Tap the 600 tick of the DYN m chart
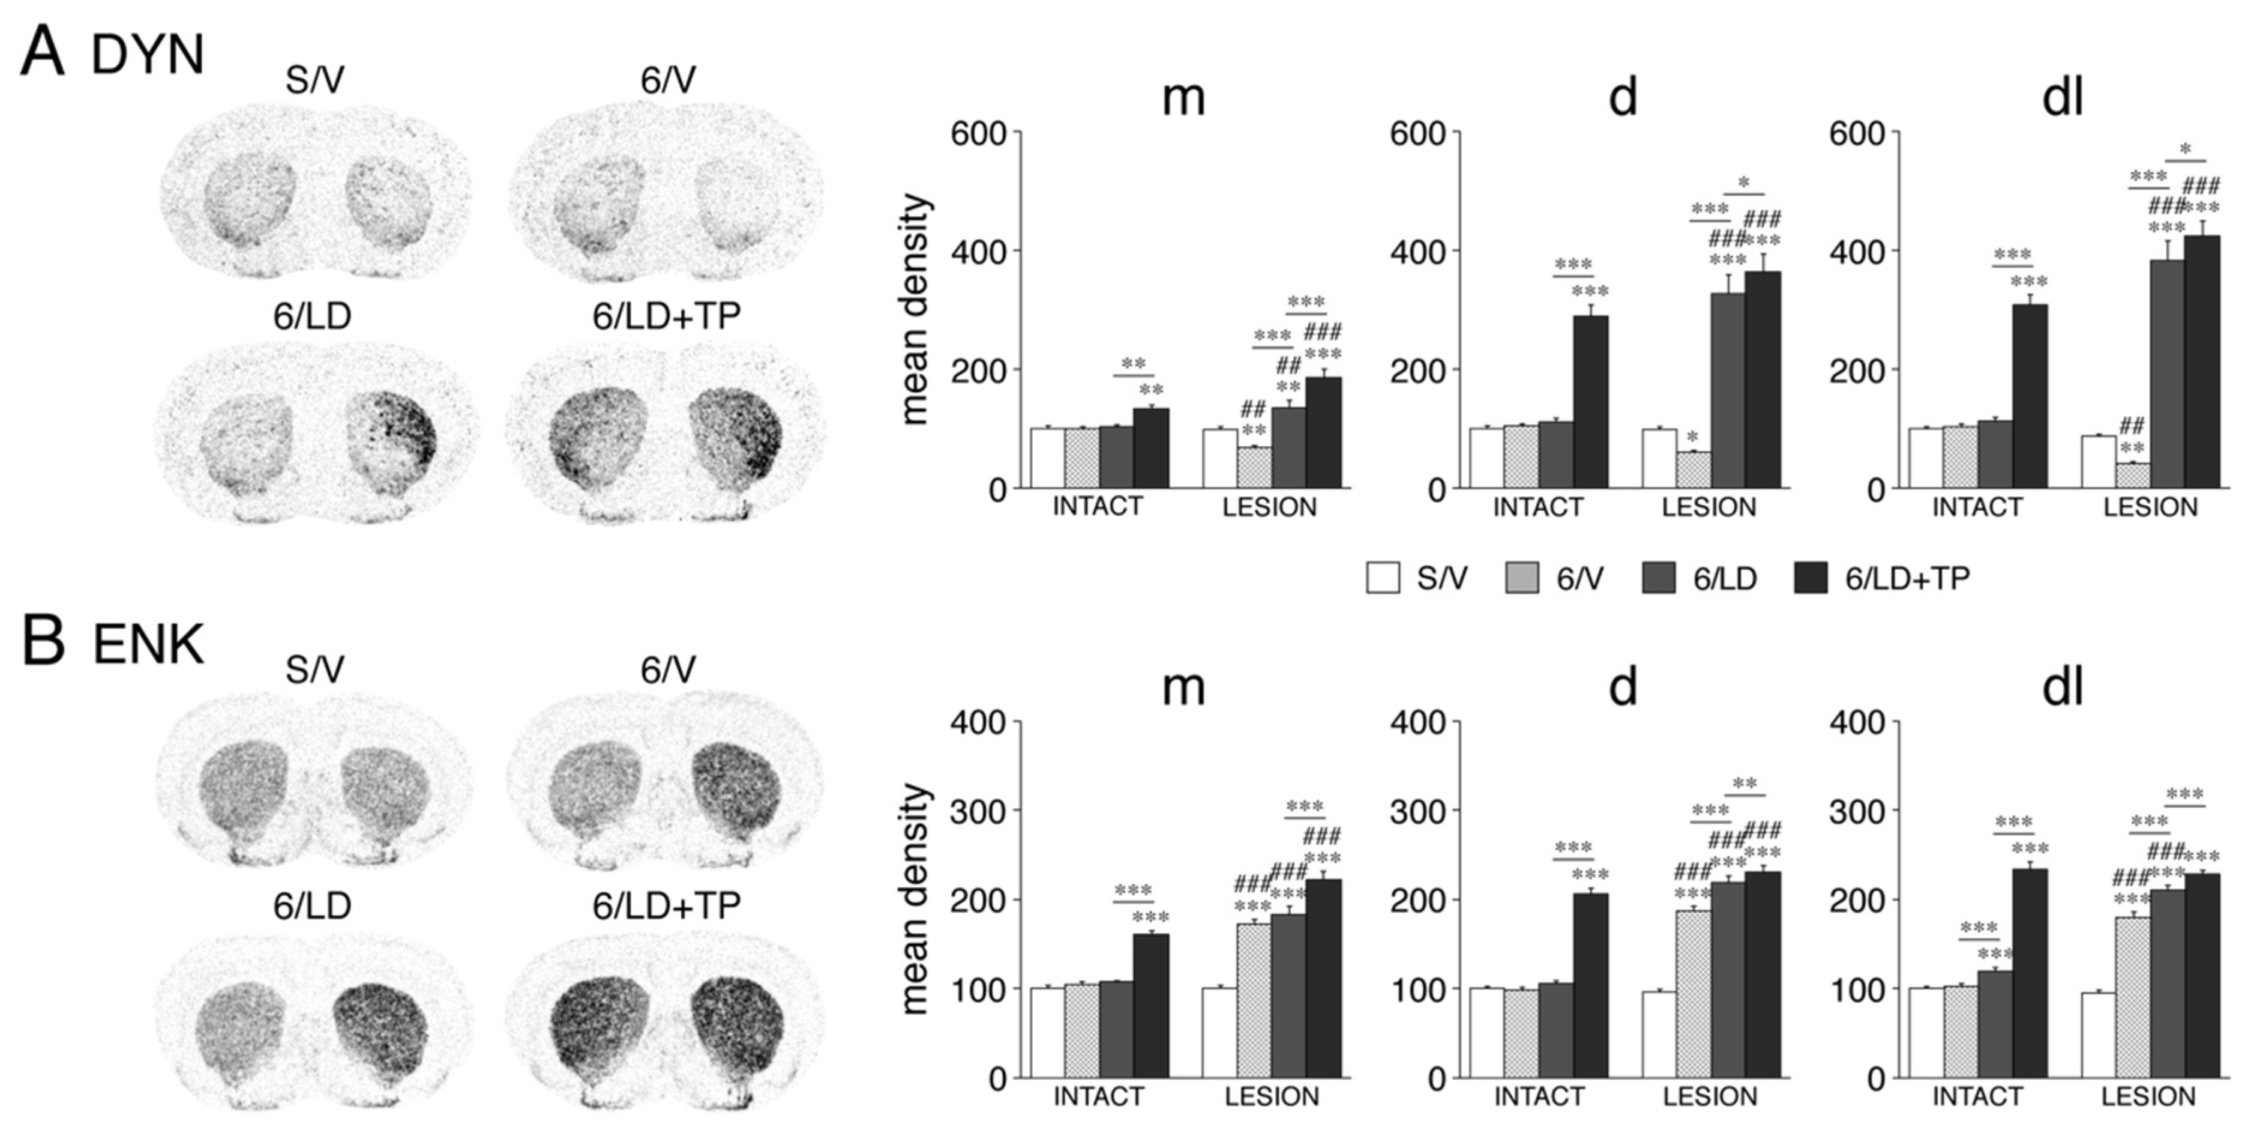[981, 134]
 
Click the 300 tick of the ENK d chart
[1419, 812]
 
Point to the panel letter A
[42, 53]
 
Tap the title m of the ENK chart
[1183, 689]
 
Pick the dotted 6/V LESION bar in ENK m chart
[1254, 1000]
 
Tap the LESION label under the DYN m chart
[1270, 507]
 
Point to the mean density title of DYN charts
[914, 309]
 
